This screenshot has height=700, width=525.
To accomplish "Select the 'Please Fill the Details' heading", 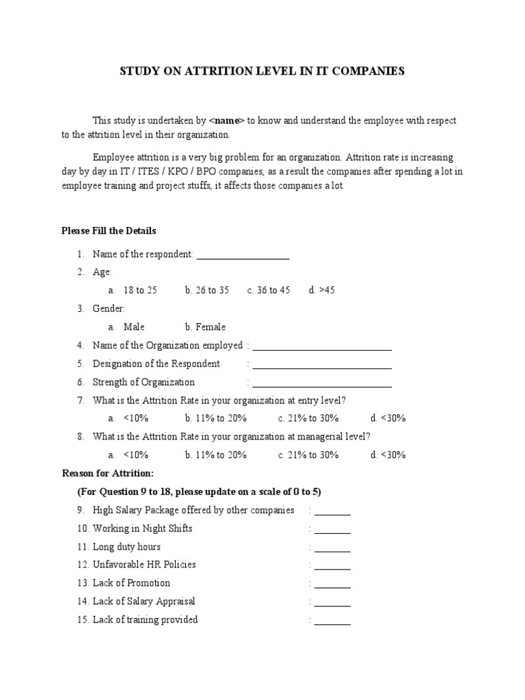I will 109,231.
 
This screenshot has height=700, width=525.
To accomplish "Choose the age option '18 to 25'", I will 140,291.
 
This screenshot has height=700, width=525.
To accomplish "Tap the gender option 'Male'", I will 134,327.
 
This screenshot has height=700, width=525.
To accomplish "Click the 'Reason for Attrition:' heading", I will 108,473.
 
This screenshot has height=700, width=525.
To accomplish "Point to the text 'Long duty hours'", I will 126,547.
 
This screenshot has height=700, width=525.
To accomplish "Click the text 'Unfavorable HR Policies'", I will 144,565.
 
